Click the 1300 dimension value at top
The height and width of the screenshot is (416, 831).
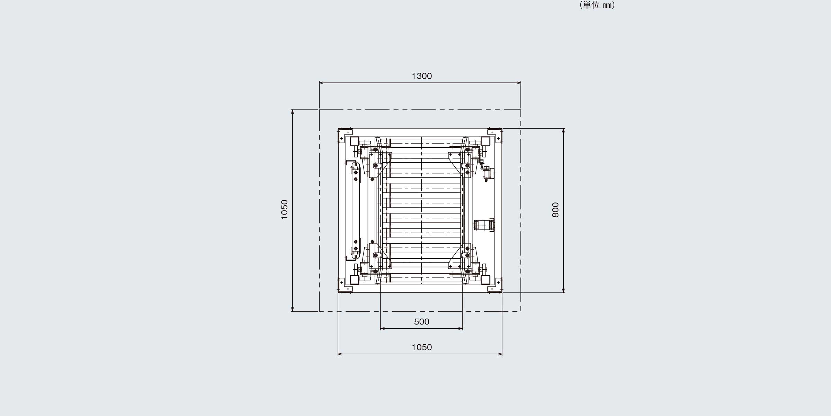tap(422, 76)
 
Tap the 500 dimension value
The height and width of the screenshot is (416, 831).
tap(422, 322)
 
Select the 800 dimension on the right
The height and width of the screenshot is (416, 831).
tap(555, 210)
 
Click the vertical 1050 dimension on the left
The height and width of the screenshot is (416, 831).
tap(284, 209)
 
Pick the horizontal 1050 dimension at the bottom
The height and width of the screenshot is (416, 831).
tap(422, 347)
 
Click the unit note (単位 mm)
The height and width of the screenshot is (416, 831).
tap(597, 5)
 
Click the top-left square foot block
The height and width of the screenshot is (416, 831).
tap(355, 141)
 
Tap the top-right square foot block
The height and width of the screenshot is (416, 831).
tap(485, 141)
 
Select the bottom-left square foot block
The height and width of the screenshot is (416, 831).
tap(355, 280)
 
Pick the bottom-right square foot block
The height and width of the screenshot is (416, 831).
tap(485, 280)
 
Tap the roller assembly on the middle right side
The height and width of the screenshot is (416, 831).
tap(484, 225)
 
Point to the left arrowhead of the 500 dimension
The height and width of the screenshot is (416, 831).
tap(382, 328)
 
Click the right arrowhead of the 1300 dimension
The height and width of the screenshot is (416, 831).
tap(519, 83)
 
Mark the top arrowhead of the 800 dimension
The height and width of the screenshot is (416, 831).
tap(564, 131)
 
